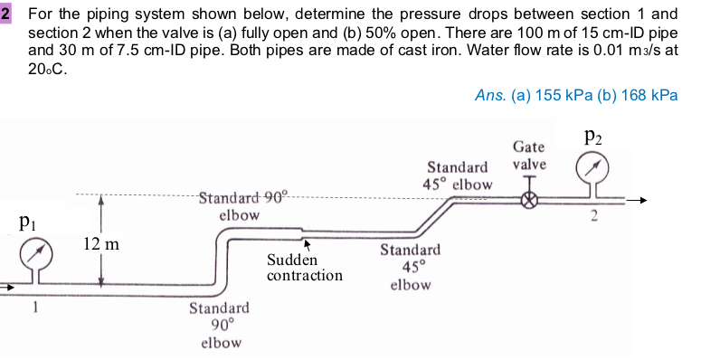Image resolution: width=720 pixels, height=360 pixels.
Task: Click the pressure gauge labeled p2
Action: [594, 167]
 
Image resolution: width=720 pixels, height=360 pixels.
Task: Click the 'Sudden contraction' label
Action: [304, 267]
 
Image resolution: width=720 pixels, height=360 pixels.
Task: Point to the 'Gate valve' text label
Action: [529, 155]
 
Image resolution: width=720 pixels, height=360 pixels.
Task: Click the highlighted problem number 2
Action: [6, 14]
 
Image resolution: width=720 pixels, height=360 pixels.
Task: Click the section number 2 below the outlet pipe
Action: [594, 215]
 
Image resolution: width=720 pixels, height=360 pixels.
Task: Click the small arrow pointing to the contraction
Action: [308, 243]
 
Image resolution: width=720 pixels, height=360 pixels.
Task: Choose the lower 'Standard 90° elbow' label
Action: [220, 326]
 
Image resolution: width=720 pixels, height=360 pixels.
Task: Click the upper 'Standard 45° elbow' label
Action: [458, 175]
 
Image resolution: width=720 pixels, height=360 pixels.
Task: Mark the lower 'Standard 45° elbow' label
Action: [410, 267]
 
